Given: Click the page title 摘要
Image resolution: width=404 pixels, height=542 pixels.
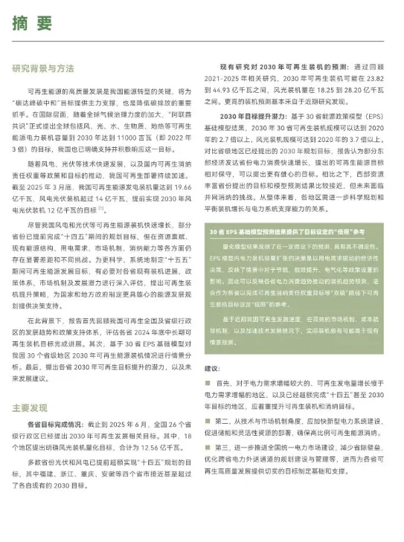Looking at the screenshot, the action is [31, 23].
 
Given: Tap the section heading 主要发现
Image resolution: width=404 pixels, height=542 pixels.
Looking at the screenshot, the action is [30, 407].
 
